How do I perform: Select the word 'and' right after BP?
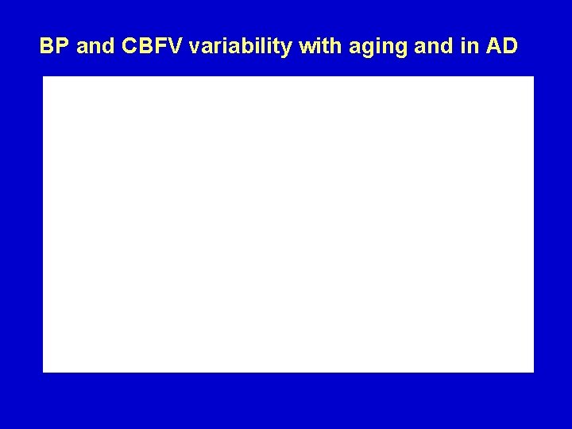96,47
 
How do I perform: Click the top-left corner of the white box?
43,77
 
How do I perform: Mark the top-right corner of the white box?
533,77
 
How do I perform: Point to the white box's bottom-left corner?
43,371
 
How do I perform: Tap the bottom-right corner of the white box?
533,371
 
